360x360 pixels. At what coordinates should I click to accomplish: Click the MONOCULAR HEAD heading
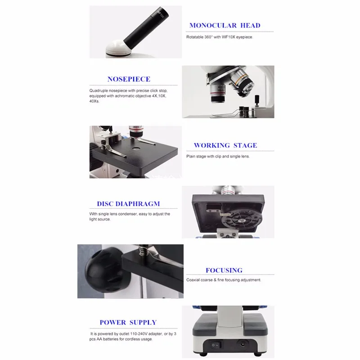225,26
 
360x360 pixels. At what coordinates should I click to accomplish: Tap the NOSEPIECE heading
129,79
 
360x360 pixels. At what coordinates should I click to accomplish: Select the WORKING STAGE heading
225,145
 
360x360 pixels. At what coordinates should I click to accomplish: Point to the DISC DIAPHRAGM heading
128,204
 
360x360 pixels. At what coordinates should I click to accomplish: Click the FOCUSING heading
224,270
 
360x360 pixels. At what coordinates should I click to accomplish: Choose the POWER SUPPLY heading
128,323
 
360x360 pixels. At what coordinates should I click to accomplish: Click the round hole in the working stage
136,148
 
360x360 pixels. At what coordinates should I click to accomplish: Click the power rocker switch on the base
216,345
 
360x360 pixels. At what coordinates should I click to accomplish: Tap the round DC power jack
242,344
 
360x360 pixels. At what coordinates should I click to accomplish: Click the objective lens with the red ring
218,92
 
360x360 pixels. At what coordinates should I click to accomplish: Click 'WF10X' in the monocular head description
229,37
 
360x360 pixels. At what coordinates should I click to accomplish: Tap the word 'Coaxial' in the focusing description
193,280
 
